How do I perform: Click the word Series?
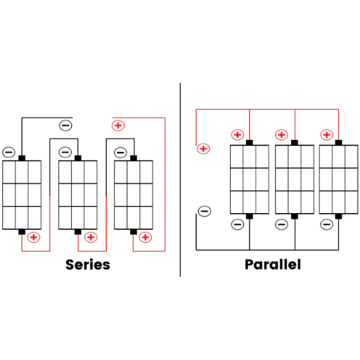coord(88,264)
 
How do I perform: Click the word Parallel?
coord(273,265)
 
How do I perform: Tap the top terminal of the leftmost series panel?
coord(22,158)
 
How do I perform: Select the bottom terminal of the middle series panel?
coord(78,232)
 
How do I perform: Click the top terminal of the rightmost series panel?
coord(134,158)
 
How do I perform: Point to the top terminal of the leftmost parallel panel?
coord(250,143)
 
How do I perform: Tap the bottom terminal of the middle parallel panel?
coord(295,216)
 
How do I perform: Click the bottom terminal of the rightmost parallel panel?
coord(338,216)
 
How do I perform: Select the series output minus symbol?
coord(65,125)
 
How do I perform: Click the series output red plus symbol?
coord(118,125)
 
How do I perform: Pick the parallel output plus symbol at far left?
coord(203,149)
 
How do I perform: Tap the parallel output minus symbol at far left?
coord(205,211)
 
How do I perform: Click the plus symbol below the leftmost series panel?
coord(34,238)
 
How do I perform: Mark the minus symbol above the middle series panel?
coord(65,153)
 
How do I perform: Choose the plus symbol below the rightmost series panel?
coord(146,238)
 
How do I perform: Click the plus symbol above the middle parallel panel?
coord(281,135)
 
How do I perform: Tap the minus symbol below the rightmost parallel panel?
coord(327,224)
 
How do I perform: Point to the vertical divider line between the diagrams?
coord(180,180)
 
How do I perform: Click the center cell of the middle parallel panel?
coord(295,179)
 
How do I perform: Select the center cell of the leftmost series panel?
coord(22,195)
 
